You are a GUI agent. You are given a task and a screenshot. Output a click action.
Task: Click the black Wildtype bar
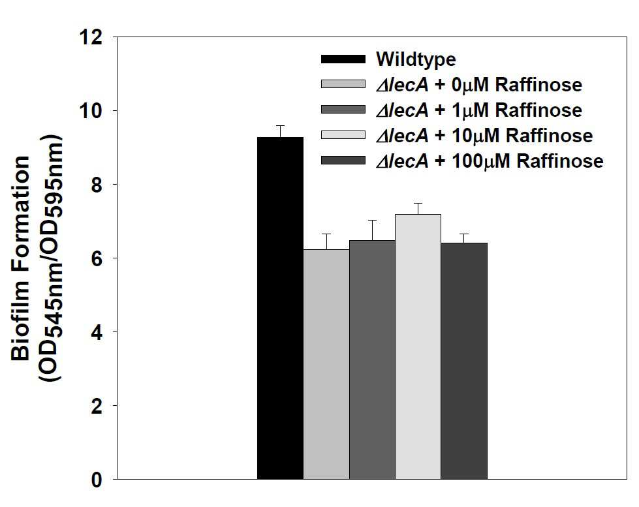point(281,308)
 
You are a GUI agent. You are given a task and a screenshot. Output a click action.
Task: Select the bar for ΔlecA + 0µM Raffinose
point(326,364)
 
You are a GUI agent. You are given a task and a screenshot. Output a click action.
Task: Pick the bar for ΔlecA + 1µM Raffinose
point(372,360)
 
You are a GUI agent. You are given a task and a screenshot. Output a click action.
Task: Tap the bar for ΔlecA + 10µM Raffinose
point(418,347)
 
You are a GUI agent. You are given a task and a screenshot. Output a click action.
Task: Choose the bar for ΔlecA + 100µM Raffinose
point(464,361)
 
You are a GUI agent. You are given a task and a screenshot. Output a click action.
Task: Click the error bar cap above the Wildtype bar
point(281,125)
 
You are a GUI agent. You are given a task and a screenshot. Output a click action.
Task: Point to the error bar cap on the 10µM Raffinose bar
point(418,203)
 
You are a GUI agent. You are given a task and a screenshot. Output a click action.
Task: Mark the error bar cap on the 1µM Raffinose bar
point(372,220)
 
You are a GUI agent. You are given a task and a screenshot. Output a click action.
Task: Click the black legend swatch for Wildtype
point(343,59)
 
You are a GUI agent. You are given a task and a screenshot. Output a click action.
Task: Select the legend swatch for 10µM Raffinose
point(343,135)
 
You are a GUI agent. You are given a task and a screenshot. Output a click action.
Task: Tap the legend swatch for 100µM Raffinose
point(343,160)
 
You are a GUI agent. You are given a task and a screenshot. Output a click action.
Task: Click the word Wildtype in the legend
point(416,59)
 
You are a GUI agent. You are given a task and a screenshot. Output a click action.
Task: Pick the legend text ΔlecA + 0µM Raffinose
point(479,85)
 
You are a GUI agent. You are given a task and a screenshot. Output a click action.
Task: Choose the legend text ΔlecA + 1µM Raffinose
point(479,110)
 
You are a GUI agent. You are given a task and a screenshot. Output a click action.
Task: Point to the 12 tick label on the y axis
point(91,37)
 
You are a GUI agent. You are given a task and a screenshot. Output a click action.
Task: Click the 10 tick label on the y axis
point(91,111)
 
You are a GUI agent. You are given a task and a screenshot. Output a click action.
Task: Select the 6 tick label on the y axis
point(97,258)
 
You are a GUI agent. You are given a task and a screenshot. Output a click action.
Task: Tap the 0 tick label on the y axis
point(97,480)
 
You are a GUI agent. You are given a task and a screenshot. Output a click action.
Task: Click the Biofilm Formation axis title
point(20,258)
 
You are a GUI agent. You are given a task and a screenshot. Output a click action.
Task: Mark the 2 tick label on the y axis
point(97,406)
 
